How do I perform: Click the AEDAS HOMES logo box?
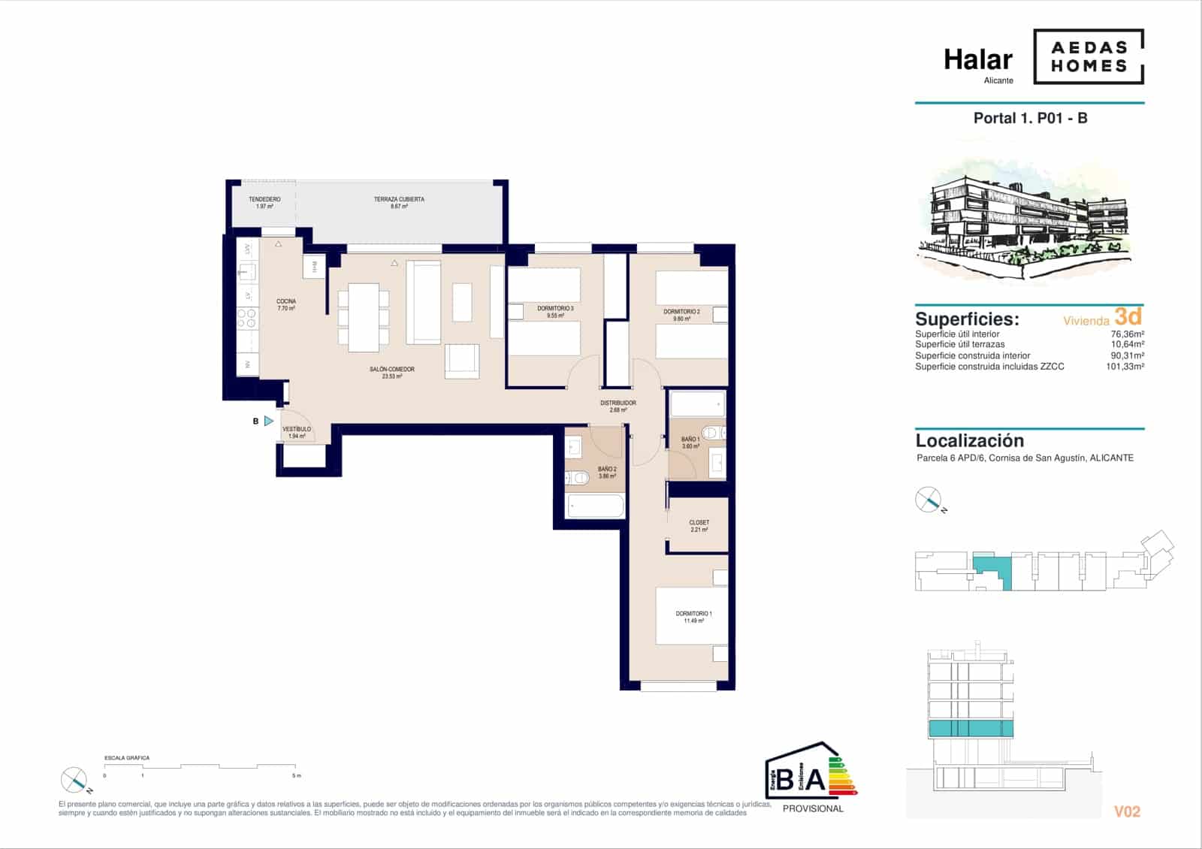coord(1089,56)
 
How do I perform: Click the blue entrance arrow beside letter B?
coord(269,421)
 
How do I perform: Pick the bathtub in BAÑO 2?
coord(595,506)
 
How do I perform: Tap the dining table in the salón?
coord(364,317)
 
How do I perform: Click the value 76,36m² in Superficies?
coord(1127,334)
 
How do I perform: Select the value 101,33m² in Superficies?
coord(1125,367)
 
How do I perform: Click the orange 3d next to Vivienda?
coord(1128,316)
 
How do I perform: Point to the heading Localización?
coord(969,441)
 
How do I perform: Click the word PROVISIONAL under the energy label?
coord(813,808)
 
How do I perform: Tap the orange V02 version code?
coord(1126,811)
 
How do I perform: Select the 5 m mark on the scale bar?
coord(295,775)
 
